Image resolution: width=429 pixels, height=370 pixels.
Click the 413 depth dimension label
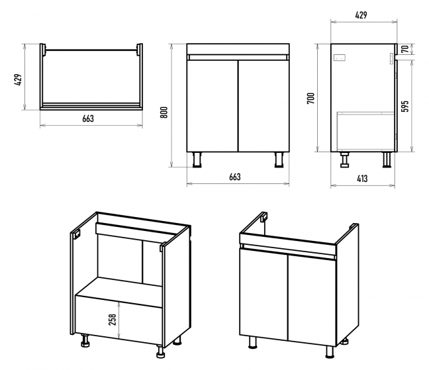click(x=362, y=178)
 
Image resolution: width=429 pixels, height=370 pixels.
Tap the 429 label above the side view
click(x=361, y=15)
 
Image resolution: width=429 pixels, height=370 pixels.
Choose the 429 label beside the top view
click(x=19, y=78)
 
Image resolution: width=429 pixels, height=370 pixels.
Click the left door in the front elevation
click(x=213, y=106)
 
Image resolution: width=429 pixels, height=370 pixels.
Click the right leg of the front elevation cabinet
click(x=279, y=160)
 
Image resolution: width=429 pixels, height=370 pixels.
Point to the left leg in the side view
click(x=345, y=160)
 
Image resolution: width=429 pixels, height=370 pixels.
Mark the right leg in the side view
click(x=385, y=160)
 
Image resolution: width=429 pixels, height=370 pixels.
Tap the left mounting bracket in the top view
click(x=44, y=50)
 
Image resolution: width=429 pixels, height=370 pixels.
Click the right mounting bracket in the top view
click(x=138, y=50)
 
